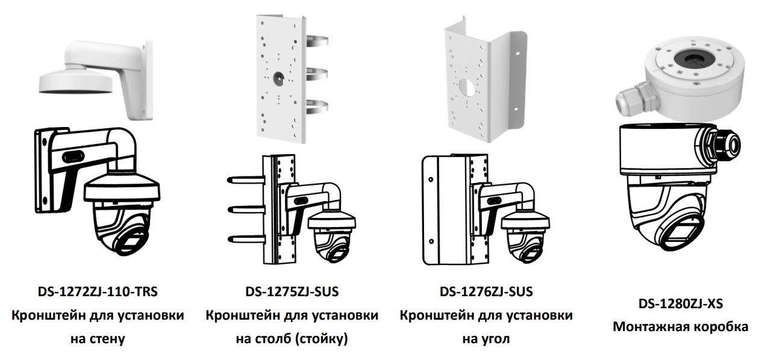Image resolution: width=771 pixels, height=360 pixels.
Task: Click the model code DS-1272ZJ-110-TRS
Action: coord(98,292)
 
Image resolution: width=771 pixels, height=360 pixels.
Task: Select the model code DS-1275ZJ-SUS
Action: coord(292,292)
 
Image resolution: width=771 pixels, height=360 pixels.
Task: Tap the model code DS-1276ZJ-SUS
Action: coord(486,292)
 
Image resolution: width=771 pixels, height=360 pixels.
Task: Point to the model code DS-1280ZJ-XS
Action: coord(681,303)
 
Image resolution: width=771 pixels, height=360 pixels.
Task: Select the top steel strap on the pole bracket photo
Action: coord(317,42)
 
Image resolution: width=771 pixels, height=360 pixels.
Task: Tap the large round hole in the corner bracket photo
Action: coord(467,87)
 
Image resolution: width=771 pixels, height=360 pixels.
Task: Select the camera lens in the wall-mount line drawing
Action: coord(130,241)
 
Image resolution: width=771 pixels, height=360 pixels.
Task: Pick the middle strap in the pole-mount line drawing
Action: coord(246,208)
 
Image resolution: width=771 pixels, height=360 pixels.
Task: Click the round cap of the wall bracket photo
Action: coord(76,82)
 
